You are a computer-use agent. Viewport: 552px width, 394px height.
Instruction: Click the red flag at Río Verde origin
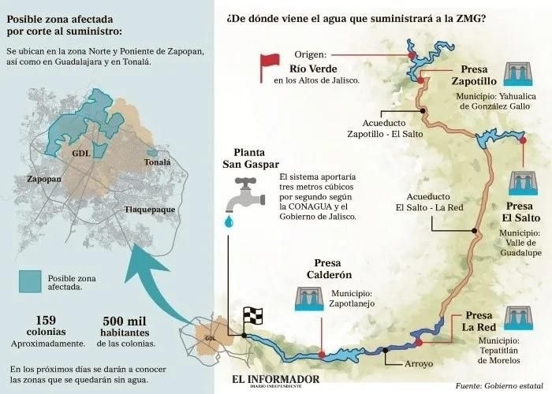click(270, 67)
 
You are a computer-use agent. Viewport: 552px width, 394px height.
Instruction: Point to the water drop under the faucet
click(229, 222)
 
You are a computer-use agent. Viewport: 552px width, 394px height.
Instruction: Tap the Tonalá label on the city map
click(157, 162)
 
